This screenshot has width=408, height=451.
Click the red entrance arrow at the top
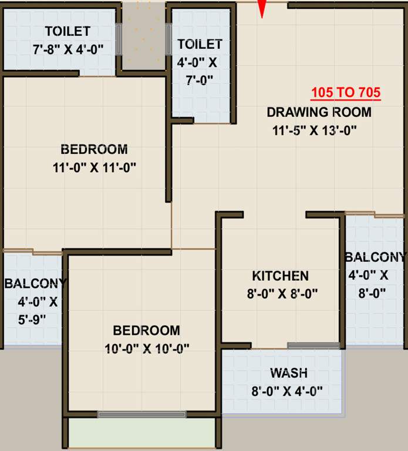262,8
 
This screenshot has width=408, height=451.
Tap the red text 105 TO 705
346,93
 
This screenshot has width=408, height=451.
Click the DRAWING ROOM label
319,112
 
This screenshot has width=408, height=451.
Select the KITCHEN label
280,275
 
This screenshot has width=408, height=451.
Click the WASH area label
289,373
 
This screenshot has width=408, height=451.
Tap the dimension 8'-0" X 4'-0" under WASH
288,391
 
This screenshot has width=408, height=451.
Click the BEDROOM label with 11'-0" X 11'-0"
94,149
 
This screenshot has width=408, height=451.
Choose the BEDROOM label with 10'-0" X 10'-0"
146,330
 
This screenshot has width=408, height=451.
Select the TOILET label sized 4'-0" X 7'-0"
200,44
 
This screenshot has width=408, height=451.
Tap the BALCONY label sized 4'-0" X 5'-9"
35,284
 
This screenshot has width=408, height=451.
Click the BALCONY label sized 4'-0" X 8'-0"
374,257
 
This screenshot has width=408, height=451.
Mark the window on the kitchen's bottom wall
313,345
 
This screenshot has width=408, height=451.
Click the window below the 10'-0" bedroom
141,414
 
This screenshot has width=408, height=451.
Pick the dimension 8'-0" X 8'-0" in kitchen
282,294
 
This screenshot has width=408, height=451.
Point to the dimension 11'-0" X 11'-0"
94,167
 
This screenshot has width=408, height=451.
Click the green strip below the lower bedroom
141,433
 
